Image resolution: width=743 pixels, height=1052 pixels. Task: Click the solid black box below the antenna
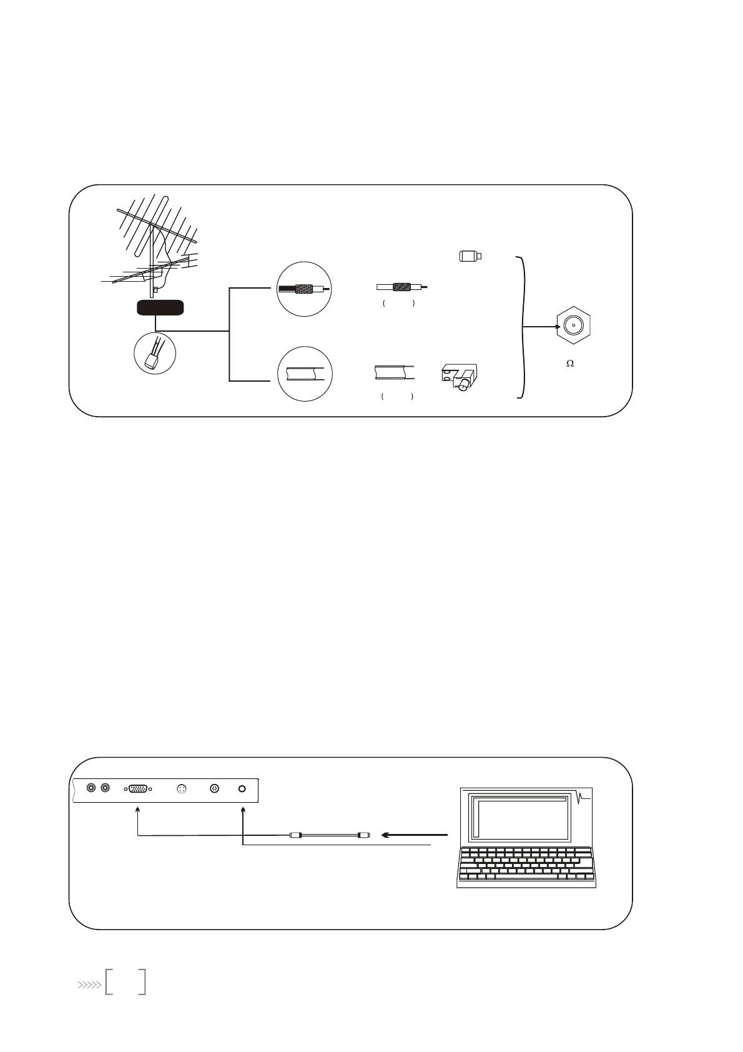tap(160, 307)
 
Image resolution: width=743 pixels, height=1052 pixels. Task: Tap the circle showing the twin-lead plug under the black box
tap(155, 352)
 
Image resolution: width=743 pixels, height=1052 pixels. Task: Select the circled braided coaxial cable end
tap(305, 289)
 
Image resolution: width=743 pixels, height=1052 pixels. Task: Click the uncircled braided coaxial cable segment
tap(402, 287)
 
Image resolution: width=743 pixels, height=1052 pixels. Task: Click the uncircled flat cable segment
tap(395, 373)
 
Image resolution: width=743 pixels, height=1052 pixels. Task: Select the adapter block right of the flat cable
tap(459, 377)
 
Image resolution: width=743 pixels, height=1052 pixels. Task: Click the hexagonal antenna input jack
tap(573, 326)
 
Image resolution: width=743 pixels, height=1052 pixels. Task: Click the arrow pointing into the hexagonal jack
tap(541, 326)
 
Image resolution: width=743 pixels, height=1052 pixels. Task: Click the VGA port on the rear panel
tap(138, 788)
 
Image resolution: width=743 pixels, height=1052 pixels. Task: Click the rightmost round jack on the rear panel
tap(243, 788)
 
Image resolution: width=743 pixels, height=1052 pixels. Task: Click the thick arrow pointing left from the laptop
tap(415, 835)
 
